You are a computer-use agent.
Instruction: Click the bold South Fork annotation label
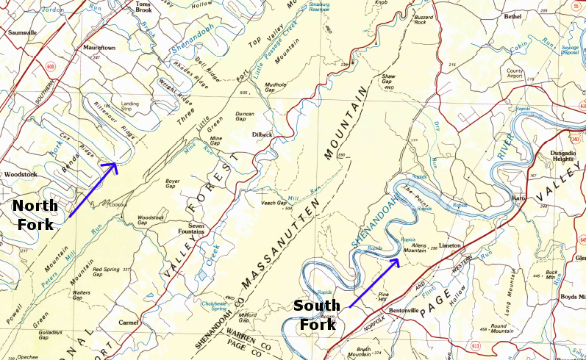click(x=316, y=313)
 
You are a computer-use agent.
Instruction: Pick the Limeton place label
click(x=449, y=245)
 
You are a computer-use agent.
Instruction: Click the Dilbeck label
click(x=262, y=134)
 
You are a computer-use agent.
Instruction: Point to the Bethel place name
click(x=512, y=15)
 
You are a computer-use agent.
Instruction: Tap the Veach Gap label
click(x=274, y=203)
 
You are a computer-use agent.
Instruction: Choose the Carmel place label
click(x=129, y=323)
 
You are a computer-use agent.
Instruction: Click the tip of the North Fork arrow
click(x=116, y=163)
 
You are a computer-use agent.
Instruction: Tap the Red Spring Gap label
click(x=107, y=270)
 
